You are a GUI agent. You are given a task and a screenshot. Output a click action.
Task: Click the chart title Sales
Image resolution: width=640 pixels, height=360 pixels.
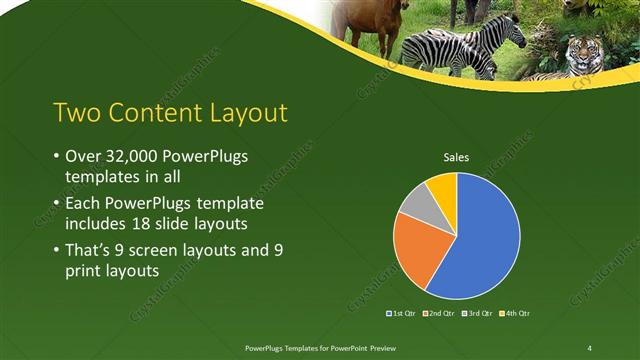[457, 157]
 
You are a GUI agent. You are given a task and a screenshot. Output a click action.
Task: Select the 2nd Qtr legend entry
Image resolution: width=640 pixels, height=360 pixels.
[439, 313]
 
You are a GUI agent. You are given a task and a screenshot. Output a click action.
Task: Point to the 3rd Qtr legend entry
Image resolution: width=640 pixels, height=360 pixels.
[476, 313]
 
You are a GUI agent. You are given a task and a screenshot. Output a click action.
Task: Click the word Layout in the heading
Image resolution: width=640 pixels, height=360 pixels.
[241, 111]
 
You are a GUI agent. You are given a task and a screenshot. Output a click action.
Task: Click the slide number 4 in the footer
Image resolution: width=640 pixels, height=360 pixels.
[589, 347]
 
